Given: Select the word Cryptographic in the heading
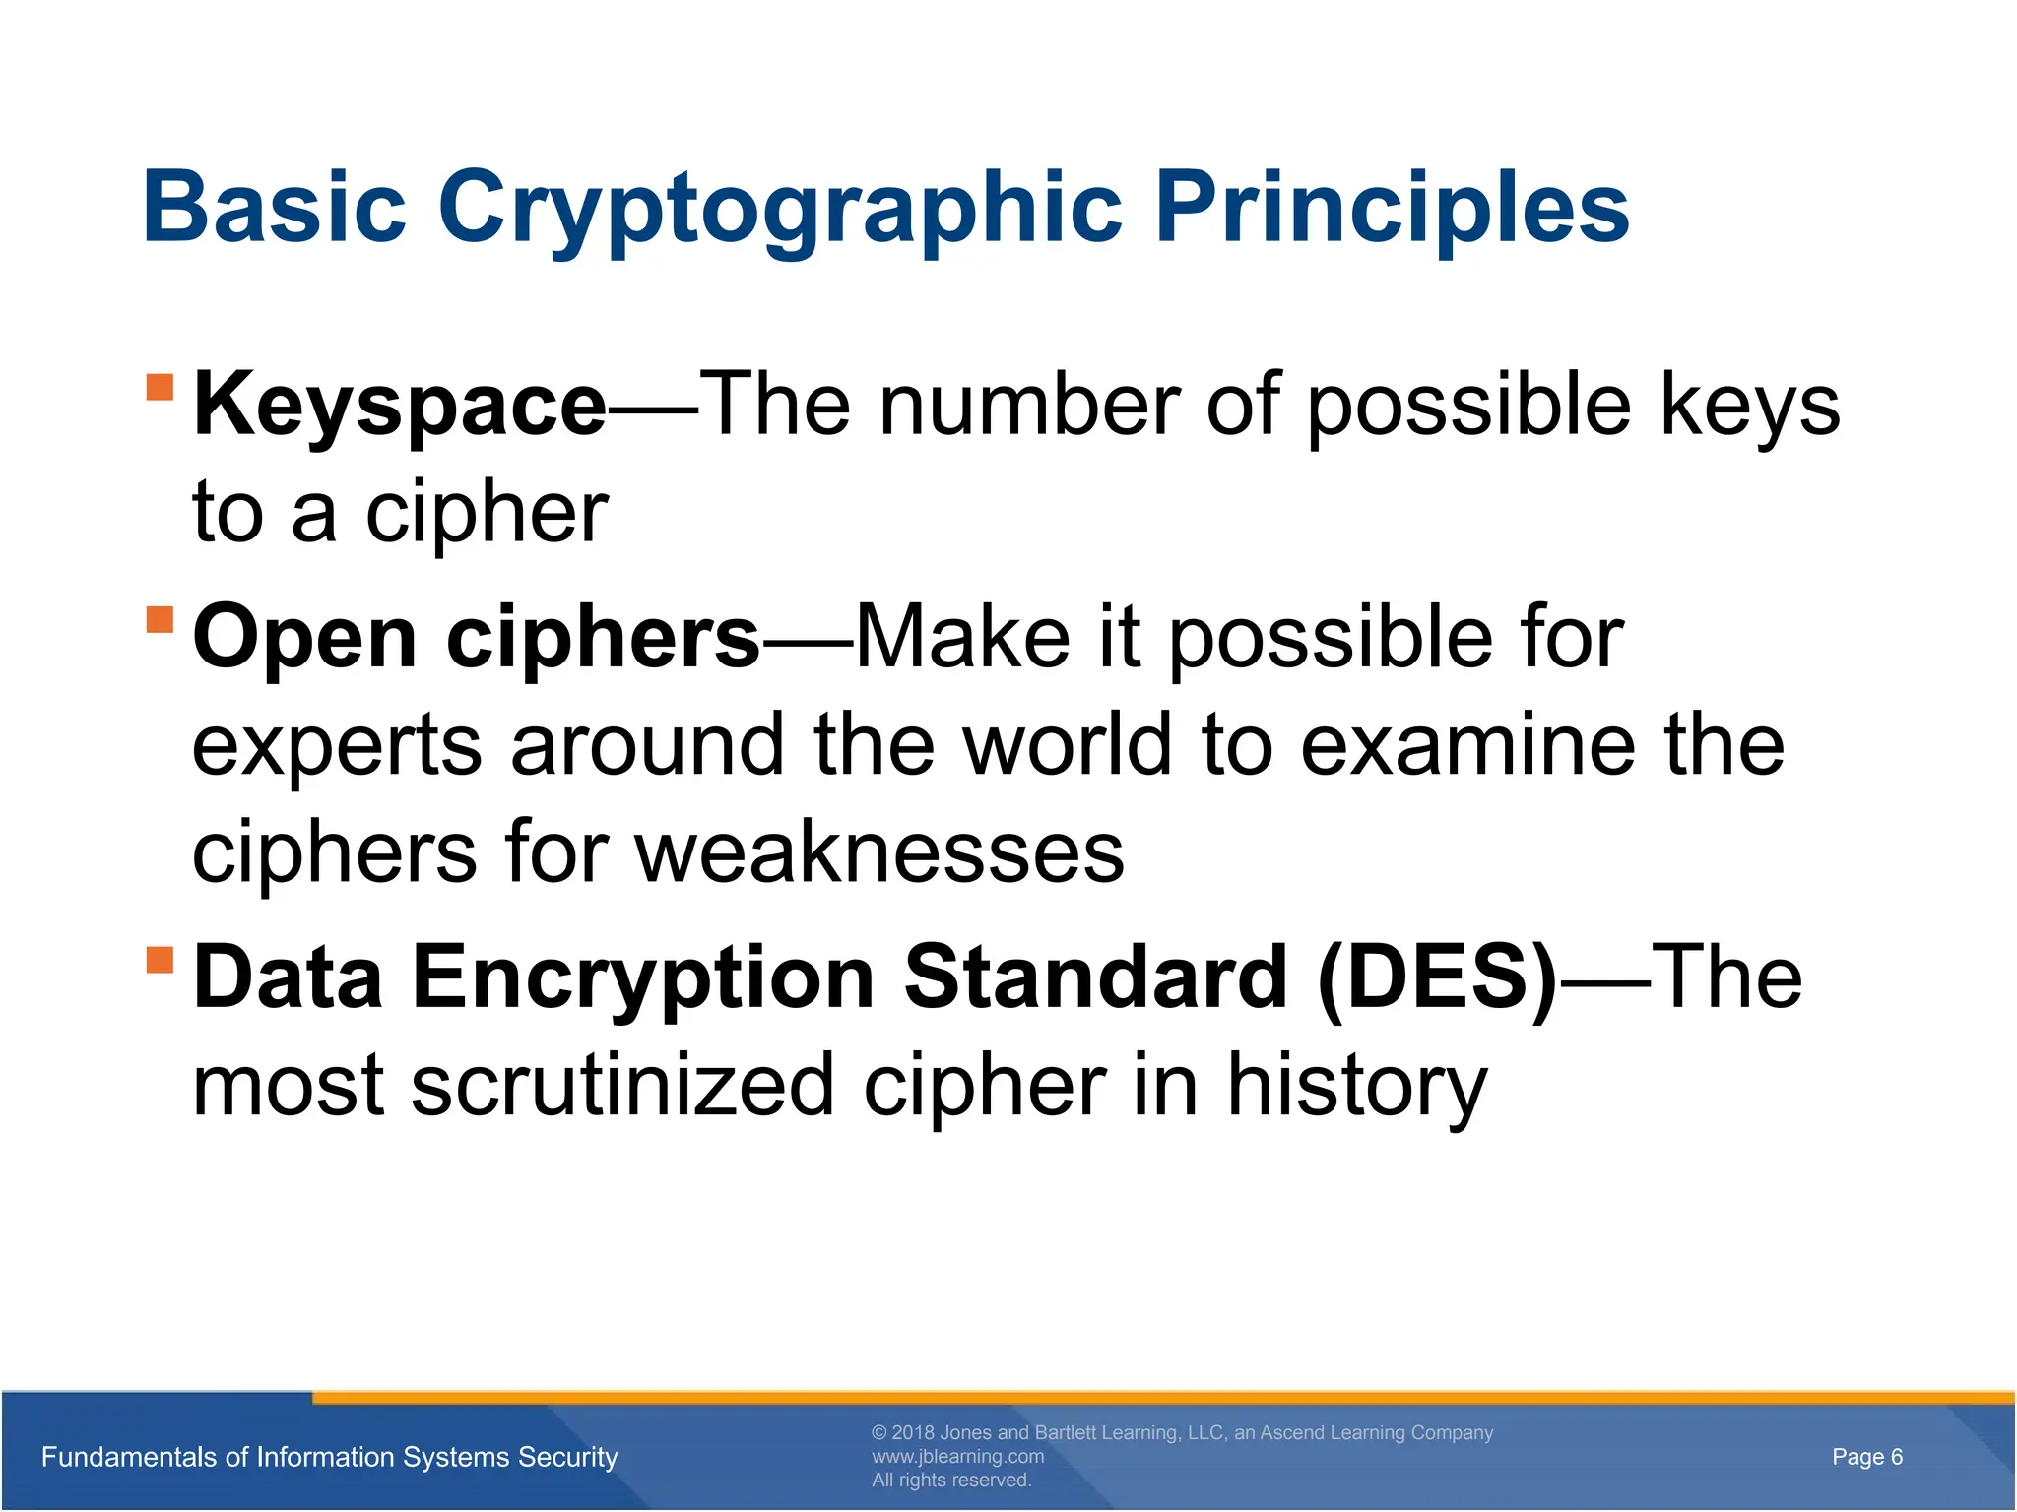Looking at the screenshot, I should (780, 209).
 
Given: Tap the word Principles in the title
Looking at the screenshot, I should (1392, 209).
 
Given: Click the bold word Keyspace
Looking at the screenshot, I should (399, 406).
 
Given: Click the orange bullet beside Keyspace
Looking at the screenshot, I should (160, 387).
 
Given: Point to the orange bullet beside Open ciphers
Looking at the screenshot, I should (160, 620).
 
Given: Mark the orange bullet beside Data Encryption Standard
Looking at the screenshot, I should (160, 959).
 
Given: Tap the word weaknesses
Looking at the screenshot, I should (879, 852).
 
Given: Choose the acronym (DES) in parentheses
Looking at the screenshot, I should (1437, 976).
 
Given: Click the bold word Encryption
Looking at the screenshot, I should (642, 976).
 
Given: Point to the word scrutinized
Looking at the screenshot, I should (622, 1085).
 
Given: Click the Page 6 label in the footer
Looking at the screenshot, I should (1866, 1457).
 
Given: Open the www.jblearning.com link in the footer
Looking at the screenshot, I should (957, 1456).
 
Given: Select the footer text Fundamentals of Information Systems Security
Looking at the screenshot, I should (330, 1457).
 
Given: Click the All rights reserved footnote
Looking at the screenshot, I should (950, 1480).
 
